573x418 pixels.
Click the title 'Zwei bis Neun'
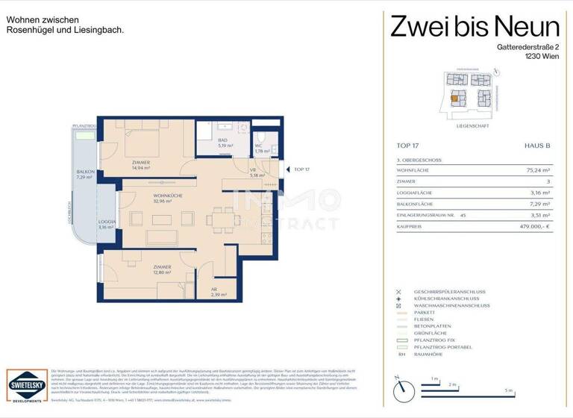pyautogui.click(x=475, y=28)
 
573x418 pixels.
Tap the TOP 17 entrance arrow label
pyautogui.click(x=302, y=169)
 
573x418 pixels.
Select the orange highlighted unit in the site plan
pyautogui.click(x=454, y=98)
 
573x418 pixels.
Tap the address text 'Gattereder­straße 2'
pyautogui.click(x=517, y=47)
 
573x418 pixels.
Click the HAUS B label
pyautogui.click(x=537, y=146)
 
